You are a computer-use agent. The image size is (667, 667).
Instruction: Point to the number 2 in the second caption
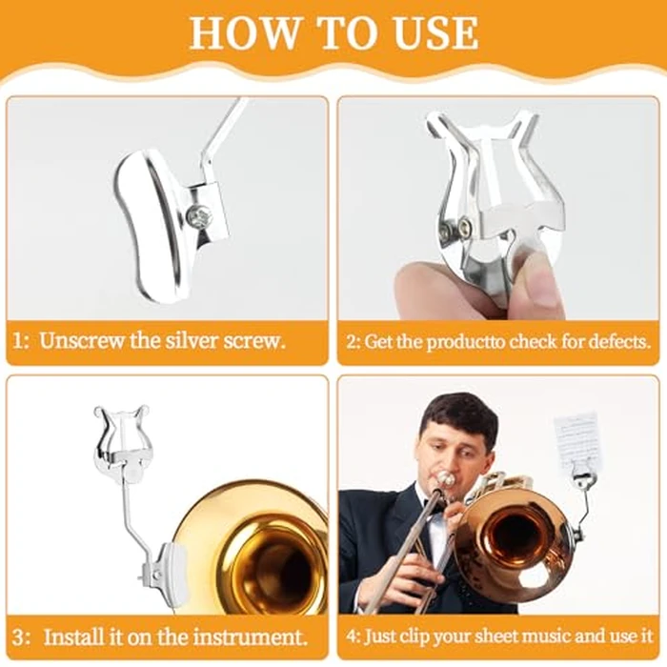tap(352, 341)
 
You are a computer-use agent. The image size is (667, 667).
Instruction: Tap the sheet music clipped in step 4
tap(578, 443)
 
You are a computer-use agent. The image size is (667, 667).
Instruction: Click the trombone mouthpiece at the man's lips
tap(445, 479)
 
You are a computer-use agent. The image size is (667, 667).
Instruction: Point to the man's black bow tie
tap(434, 505)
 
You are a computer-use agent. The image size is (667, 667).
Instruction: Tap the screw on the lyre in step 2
tap(464, 226)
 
